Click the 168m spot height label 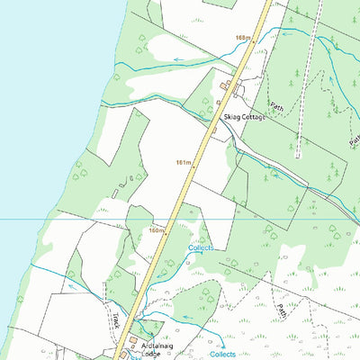click(241, 38)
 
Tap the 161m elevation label click(184, 163)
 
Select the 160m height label click(157, 230)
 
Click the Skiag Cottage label click(244, 118)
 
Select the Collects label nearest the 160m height click(201, 247)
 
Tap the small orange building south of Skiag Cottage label click(214, 131)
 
